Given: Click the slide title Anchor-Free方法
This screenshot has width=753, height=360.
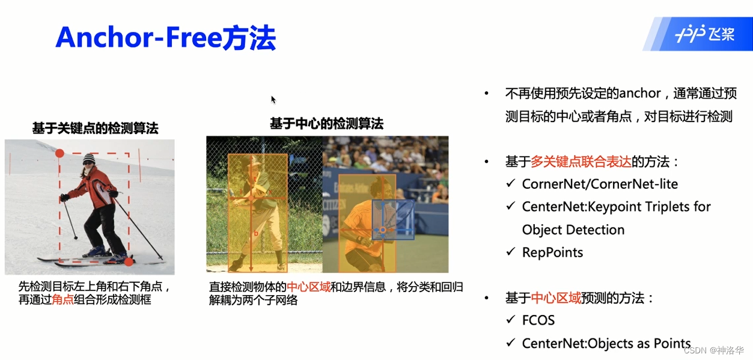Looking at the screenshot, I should [165, 38].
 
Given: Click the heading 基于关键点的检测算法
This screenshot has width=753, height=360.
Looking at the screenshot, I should [95, 128].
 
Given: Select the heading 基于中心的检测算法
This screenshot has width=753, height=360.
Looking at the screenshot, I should [326, 124].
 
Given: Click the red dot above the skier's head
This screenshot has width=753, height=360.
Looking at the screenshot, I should [59, 153].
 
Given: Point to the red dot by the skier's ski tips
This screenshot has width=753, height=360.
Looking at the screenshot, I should [129, 261].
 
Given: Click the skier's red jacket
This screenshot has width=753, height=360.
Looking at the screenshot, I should [96, 187].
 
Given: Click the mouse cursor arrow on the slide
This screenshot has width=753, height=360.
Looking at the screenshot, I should [273, 100].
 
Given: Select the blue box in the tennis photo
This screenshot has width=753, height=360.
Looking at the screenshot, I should [392, 220].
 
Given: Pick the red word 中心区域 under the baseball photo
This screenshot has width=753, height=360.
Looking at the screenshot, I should [308, 287].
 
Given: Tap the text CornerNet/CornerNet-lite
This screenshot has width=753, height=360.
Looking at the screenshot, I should [600, 184].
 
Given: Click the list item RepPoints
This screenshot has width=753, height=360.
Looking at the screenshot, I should [552, 252].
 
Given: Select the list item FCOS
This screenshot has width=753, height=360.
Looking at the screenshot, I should [538, 320].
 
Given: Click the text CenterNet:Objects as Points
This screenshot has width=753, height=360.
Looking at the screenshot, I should [606, 343].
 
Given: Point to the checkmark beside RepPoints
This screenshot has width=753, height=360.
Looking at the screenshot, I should [511, 252].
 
